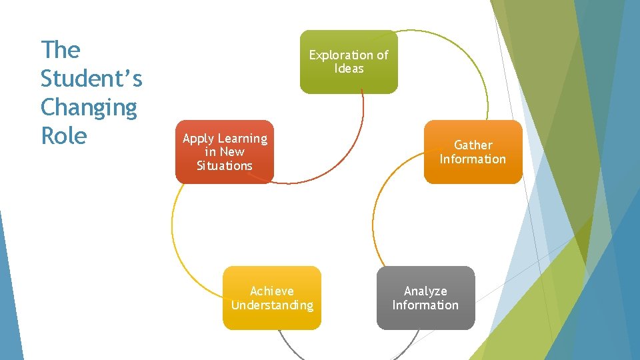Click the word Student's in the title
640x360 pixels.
91,79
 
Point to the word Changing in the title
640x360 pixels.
89,107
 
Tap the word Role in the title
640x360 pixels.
64,136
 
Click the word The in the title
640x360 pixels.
60,50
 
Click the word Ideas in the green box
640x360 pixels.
349,69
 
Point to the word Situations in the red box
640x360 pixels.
225,166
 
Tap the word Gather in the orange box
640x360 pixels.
473,145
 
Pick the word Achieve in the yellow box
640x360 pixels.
271,291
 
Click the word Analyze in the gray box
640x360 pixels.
425,291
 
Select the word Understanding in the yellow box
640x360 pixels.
272,305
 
